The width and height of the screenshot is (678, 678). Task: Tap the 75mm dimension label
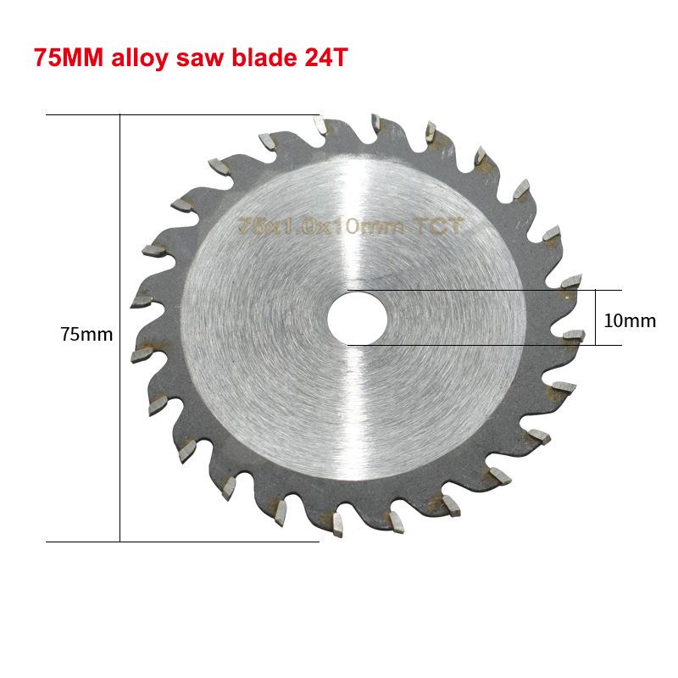tap(86, 335)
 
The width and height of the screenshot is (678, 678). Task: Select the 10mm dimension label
tap(630, 320)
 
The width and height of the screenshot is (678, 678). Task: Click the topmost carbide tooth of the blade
tap(320, 126)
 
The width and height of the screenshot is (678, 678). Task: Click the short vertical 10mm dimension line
tap(596, 317)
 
